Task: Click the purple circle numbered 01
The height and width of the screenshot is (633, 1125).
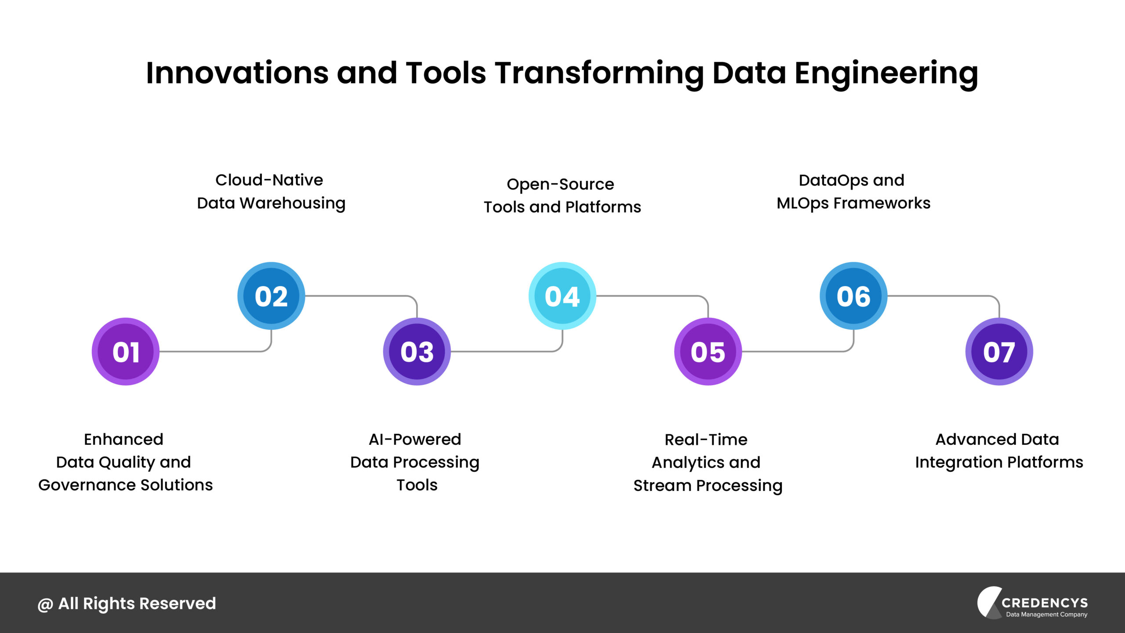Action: [x=126, y=352]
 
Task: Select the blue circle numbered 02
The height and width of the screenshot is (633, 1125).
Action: [x=271, y=296]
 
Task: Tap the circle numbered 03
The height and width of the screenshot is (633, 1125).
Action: [x=417, y=352]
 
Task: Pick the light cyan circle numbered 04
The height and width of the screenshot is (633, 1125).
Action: [x=562, y=296]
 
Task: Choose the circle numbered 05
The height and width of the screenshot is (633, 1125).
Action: [x=708, y=352]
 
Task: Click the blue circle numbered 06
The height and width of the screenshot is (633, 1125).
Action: [x=853, y=296]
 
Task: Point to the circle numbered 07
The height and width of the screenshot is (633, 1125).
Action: [x=999, y=352]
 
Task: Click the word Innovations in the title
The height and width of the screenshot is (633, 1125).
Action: [x=237, y=73]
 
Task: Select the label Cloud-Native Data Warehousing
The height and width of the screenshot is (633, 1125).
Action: [x=271, y=192]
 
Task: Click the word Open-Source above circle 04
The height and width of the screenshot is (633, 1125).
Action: [x=560, y=184]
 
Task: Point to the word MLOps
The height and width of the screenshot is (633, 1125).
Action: [x=802, y=204]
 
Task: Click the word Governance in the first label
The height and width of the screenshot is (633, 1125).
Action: [x=86, y=485]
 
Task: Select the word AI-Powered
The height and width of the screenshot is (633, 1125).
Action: [x=415, y=439]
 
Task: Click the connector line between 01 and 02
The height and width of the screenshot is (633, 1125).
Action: [x=211, y=351]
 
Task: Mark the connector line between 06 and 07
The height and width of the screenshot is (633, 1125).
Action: [x=940, y=296]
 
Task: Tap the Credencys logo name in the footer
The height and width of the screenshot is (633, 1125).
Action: [x=1044, y=603]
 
